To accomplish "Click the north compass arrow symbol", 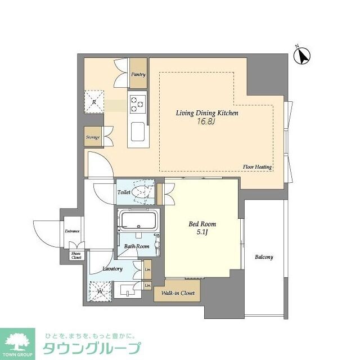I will click(304, 56).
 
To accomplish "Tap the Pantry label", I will click(138, 74).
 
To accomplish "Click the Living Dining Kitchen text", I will click(207, 113).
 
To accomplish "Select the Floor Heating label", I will click(257, 167).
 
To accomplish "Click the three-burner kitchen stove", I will click(137, 103).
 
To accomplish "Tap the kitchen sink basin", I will click(138, 133).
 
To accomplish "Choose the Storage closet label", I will click(93, 137).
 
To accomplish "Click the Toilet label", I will click(124, 192).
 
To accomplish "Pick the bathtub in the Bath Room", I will click(138, 220).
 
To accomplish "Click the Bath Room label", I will click(137, 246).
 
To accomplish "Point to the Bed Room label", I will click(202, 224).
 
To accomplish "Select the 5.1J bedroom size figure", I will click(202, 232).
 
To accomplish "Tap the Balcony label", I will click(264, 257).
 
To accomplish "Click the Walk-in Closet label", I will click(178, 292).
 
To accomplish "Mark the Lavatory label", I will click(112, 269).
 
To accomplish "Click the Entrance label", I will click(72, 231).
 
